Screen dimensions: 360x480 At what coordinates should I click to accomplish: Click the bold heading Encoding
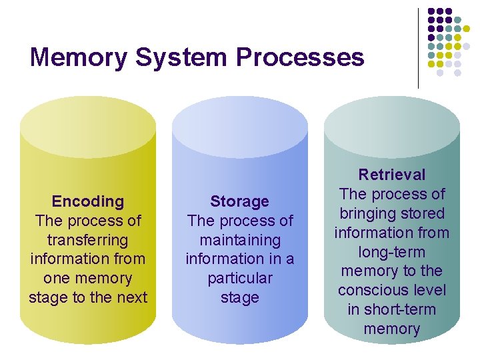(88, 201)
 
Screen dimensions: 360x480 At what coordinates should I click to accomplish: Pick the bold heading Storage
(240, 201)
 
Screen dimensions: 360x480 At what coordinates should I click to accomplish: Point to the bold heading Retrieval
(392, 175)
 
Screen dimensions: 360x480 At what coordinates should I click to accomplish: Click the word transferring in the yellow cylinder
(88, 240)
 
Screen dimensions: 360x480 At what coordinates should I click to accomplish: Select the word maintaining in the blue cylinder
(240, 240)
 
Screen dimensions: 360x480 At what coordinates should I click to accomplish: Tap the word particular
(240, 278)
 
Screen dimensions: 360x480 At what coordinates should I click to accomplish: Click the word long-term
(392, 252)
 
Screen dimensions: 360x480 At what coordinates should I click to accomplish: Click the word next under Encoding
(130, 297)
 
